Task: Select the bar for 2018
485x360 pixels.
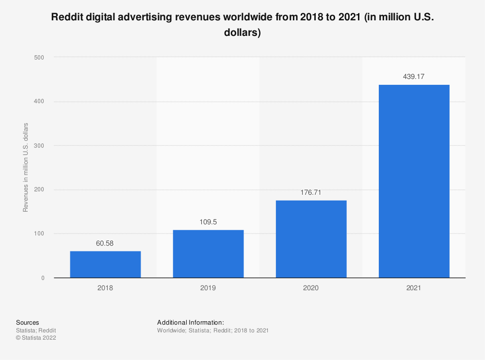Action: (105, 265)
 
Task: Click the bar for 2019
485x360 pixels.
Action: (208, 254)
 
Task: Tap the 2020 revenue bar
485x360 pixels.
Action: (311, 239)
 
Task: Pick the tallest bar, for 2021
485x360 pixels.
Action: (414, 181)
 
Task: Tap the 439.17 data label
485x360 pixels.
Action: (414, 77)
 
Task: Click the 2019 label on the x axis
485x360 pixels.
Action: (208, 288)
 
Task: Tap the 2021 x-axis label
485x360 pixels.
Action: (414, 288)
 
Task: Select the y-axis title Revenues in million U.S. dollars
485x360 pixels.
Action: (26, 168)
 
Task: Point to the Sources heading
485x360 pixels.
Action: (28, 322)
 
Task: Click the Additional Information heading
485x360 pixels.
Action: (191, 322)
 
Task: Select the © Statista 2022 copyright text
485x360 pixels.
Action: (36, 338)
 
